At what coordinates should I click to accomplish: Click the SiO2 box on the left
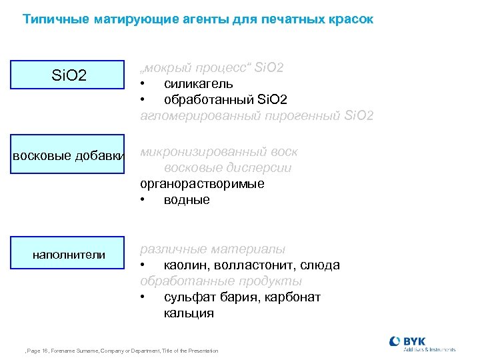(x=69, y=75)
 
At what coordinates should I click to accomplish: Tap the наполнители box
(x=69, y=254)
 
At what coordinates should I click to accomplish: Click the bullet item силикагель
(x=198, y=84)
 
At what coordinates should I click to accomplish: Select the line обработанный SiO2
(x=225, y=100)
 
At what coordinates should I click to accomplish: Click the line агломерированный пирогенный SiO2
(x=257, y=116)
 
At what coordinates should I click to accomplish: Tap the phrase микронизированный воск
(x=219, y=152)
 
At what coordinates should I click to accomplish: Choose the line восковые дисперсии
(x=227, y=168)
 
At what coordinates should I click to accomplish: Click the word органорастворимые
(x=202, y=184)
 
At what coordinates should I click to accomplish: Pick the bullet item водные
(x=187, y=200)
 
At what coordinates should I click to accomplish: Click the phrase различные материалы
(x=213, y=249)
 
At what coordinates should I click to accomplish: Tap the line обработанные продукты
(x=221, y=281)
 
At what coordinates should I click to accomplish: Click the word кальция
(x=189, y=313)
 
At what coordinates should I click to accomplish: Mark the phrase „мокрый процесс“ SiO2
(x=212, y=68)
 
